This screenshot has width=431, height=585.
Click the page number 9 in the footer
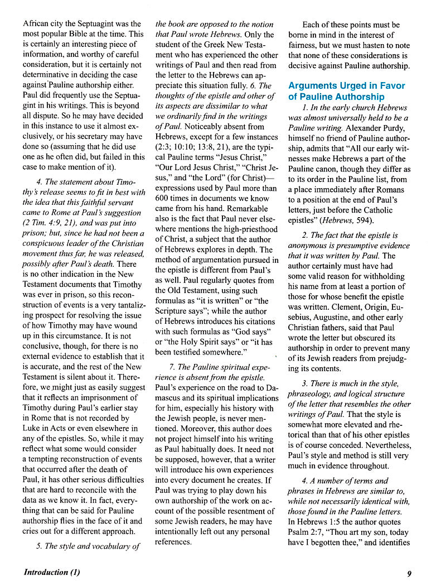coord(409,572)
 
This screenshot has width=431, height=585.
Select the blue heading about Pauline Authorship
coord(346,91)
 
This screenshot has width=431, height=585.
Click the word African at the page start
coord(37,24)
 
